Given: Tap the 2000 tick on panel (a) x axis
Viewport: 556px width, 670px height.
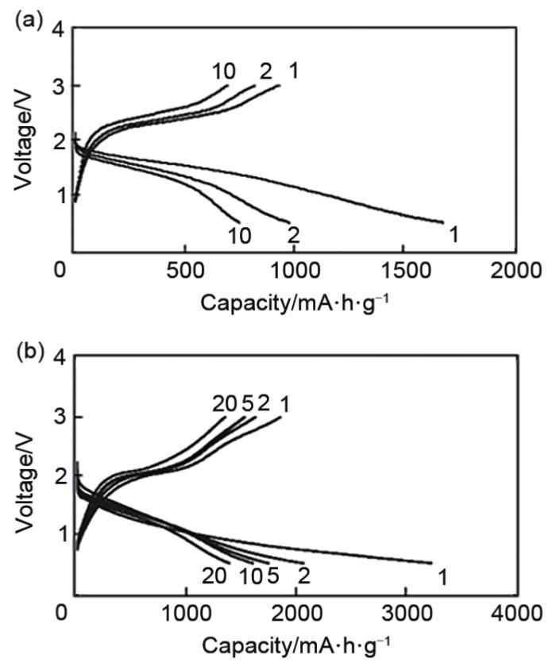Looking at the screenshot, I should pyautogui.click(x=514, y=271).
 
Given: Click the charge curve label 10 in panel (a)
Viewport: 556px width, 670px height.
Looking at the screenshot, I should pyautogui.click(x=223, y=71).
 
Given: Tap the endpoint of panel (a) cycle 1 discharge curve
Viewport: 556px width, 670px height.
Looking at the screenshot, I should pyautogui.click(x=442, y=222).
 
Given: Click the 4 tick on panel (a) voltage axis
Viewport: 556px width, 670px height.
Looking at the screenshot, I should pyautogui.click(x=62, y=30).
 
